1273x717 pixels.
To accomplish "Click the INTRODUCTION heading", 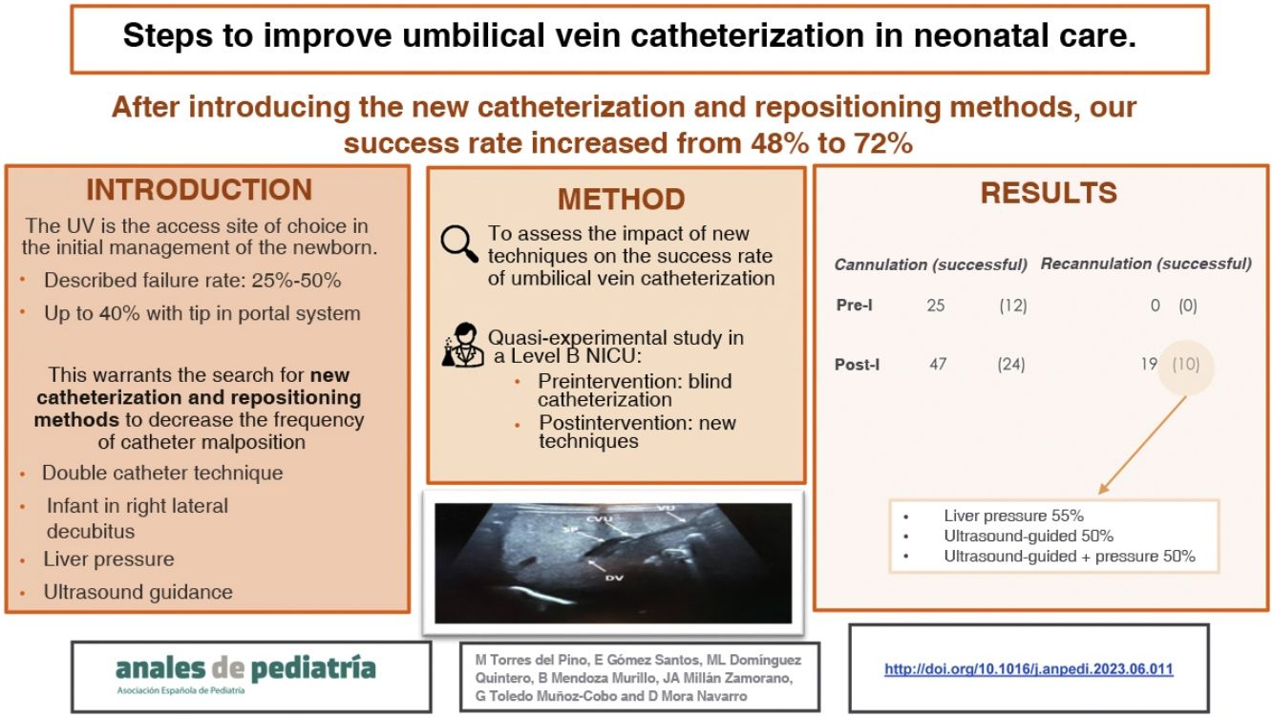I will pos(199,190).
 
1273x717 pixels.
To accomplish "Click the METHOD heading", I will pos(621,199).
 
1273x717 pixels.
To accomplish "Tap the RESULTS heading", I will pos(1048,193).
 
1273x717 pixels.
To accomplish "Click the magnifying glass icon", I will pos(460,244).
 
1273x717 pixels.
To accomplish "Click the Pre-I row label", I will pos(855,306).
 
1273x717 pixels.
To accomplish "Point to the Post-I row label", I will pos(858,365).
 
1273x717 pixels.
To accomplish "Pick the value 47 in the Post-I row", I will pos(938,364).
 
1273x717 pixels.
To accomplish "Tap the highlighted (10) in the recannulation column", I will pos(1185,364).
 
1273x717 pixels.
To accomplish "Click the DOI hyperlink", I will pos(1029,669).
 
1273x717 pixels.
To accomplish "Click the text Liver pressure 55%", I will pos(1013,516).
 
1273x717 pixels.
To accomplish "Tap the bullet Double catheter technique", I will pos(161,473).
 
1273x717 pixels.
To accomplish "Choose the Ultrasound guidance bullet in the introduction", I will pos(138,592).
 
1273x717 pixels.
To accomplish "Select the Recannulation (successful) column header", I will pos(1145,264).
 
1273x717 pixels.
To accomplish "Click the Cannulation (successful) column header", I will pos(930,264).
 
